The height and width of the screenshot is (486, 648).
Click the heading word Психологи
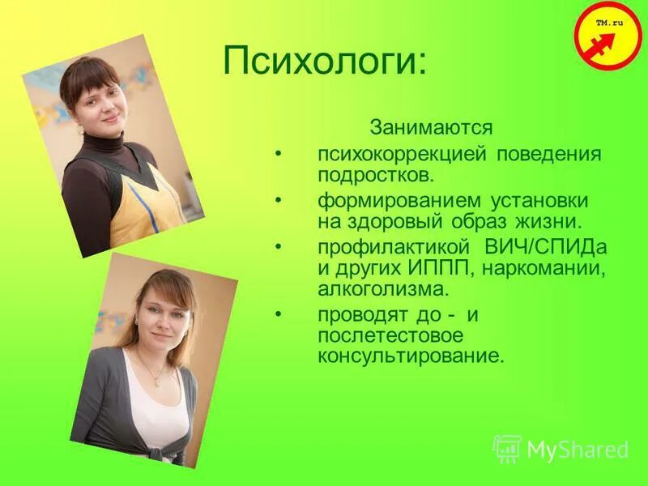323,62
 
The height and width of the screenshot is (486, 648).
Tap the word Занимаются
431,128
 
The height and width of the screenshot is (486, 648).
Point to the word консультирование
410,355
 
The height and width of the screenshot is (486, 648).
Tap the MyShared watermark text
578,450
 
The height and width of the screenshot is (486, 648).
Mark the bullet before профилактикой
279,245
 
